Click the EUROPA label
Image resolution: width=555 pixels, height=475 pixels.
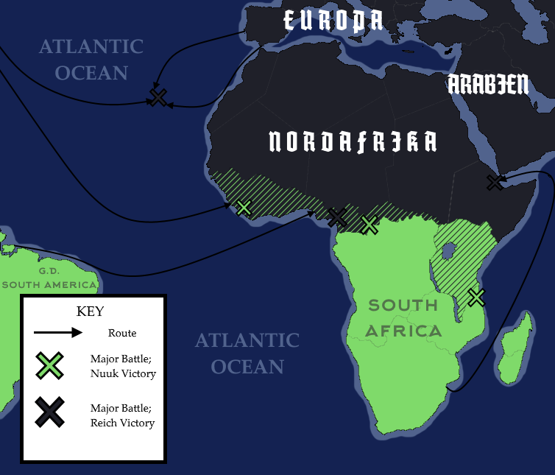tap(333, 21)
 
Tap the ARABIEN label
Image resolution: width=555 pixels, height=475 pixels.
tap(488, 85)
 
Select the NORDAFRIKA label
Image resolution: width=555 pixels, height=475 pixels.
tap(353, 141)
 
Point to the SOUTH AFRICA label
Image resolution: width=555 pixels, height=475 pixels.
tap(403, 318)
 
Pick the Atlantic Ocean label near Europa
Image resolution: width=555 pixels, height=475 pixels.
tap(91, 60)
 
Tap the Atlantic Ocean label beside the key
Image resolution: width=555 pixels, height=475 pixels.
tap(247, 353)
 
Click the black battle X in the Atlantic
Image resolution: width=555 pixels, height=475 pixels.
tap(158, 97)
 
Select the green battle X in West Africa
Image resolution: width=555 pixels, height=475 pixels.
tap(244, 208)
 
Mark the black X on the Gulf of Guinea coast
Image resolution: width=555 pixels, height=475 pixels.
tap(336, 217)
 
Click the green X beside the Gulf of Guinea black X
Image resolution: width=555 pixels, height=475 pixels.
tap(370, 224)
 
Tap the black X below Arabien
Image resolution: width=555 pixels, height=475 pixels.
tap(495, 182)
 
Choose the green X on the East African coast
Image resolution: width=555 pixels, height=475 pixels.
tap(476, 298)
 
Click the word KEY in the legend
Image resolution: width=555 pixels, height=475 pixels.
tap(91, 311)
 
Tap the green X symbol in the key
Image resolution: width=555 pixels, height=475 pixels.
tap(49, 366)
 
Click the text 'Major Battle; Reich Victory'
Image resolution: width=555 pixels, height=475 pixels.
tap(122, 415)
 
